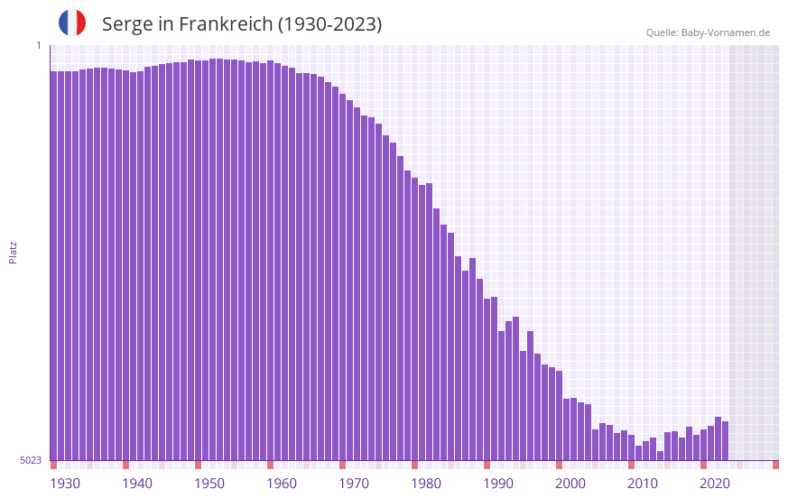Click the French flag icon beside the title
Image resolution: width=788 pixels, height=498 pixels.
coord(72,23)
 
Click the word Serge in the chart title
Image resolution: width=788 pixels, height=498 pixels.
coord(127,24)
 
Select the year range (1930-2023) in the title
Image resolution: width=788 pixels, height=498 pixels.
coord(329,24)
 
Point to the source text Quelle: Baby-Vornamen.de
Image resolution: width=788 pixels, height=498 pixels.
coord(708,32)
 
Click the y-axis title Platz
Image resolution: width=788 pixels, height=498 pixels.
coord(13,252)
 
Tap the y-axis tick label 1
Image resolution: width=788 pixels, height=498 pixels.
coord(38,45)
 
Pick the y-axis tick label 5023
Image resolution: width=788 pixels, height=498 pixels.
coord(31,460)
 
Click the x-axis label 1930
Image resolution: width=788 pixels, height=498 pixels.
coord(65,484)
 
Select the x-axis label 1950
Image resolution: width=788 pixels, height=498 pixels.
coord(209,484)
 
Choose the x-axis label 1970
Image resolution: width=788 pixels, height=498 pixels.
coord(354,484)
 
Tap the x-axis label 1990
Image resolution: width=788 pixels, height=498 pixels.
coord(498,484)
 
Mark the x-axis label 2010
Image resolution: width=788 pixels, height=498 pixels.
coord(643,484)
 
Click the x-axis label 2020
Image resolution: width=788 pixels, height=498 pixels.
coord(715,484)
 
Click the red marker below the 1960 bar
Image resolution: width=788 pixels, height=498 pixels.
coord(270,465)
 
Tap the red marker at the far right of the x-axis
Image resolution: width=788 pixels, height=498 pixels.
coord(775,465)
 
